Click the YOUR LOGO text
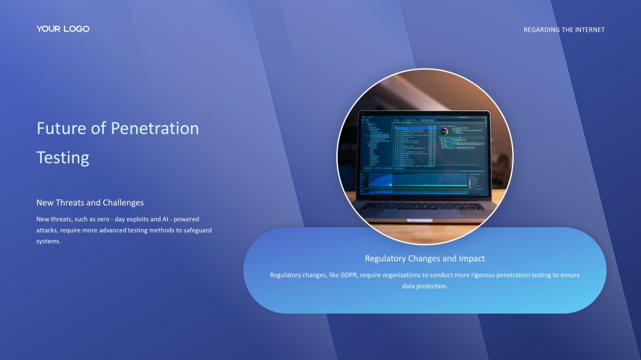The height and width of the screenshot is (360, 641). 63,29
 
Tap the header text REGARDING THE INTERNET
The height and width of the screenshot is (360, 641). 564,30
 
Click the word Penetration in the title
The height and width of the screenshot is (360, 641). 154,128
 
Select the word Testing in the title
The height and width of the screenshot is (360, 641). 63,157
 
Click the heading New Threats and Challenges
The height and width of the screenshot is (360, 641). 90,203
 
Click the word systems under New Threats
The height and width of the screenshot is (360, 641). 48,241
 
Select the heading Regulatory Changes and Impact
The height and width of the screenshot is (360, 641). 425,259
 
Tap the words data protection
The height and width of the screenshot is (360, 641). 425,286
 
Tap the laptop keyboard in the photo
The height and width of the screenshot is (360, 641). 423,206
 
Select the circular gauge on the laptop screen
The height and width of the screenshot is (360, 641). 444,132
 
